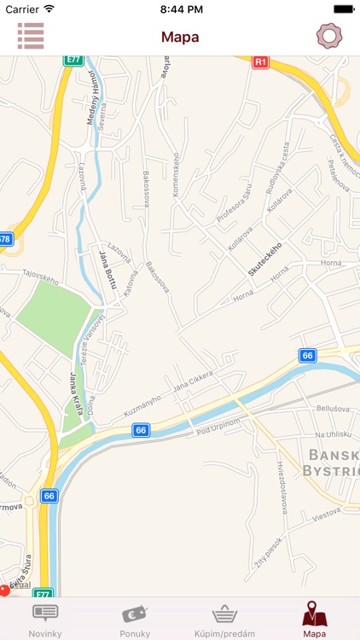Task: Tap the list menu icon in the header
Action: pyautogui.click(x=31, y=36)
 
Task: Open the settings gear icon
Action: pyautogui.click(x=328, y=36)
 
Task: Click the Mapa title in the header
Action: pyautogui.click(x=180, y=37)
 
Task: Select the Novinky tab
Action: pyautogui.click(x=44, y=619)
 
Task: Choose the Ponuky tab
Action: pyautogui.click(x=135, y=619)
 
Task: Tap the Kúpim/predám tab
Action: pyautogui.click(x=224, y=619)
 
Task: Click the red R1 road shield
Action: pyautogui.click(x=261, y=62)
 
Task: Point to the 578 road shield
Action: pyautogui.click(x=6, y=239)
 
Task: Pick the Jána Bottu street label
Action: pyautogui.click(x=106, y=270)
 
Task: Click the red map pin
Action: pyautogui.click(x=4, y=590)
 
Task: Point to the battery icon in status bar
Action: pyautogui.click(x=344, y=9)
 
